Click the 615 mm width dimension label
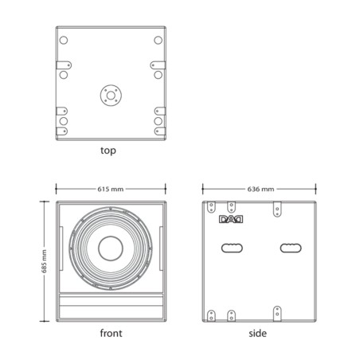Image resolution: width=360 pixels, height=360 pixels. [x=111, y=189]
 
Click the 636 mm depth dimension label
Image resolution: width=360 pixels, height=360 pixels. [x=260, y=189]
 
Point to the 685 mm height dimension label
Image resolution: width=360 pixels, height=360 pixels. [x=44, y=261]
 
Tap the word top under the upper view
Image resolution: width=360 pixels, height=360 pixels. [x=108, y=151]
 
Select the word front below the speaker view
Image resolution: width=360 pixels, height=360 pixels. [x=111, y=333]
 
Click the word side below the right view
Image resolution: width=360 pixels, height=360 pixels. [x=257, y=333]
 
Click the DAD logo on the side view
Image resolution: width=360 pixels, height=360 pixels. [x=231, y=219]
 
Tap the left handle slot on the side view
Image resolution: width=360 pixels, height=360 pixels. [x=232, y=248]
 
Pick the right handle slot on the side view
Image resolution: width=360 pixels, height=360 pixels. [x=291, y=248]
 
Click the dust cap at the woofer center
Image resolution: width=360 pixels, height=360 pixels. [x=111, y=248]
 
